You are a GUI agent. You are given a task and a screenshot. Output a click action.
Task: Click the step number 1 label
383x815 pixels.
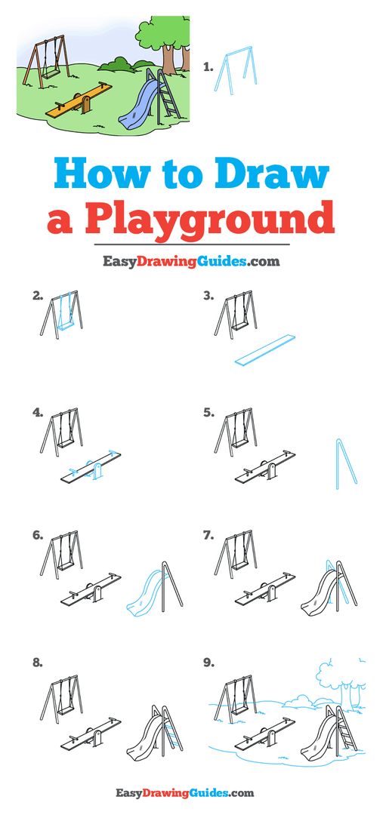tap(208, 67)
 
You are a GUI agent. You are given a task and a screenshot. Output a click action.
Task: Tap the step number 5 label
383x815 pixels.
tap(208, 413)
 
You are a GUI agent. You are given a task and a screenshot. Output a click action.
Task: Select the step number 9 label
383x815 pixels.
tap(208, 663)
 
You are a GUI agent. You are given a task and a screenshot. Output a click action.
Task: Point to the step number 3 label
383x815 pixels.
tap(208, 296)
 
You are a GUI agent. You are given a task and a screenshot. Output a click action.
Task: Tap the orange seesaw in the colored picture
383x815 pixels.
tap(79, 100)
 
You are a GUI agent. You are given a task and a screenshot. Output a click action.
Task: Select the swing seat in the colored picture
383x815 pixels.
tap(50, 75)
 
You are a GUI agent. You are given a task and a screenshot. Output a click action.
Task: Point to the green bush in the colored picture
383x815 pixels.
tap(122, 64)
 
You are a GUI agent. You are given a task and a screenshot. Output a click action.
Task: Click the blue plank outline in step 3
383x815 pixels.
tap(265, 350)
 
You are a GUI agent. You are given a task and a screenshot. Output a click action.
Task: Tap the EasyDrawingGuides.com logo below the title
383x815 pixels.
tap(191, 261)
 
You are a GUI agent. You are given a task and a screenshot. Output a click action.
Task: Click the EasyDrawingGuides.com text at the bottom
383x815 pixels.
tap(185, 792)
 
